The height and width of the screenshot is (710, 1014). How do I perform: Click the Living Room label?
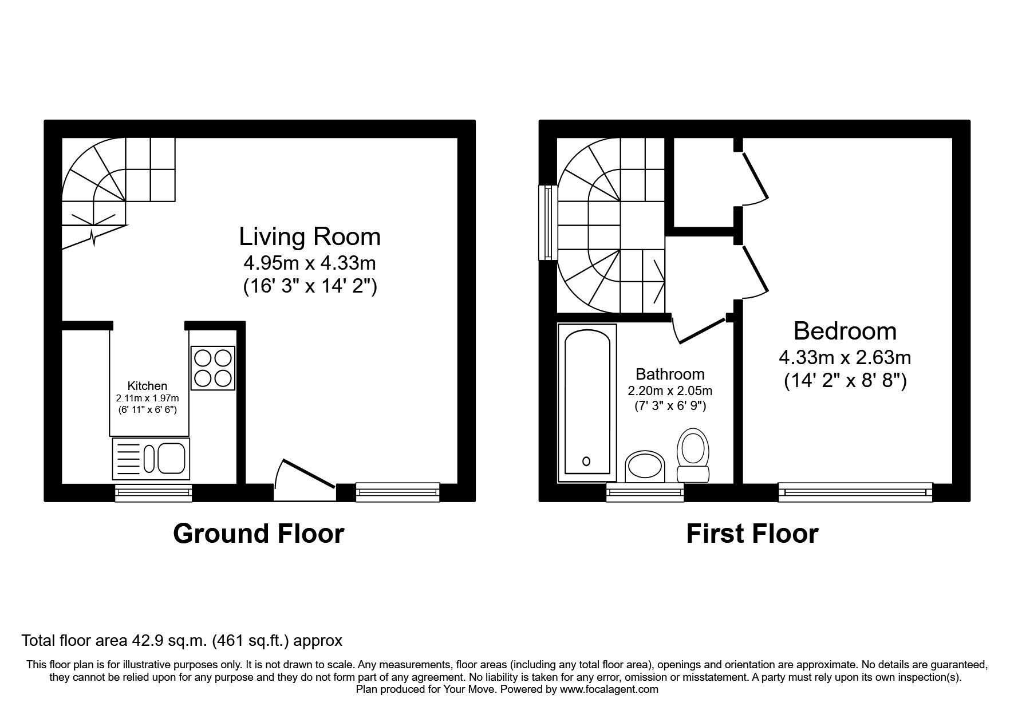(x=310, y=236)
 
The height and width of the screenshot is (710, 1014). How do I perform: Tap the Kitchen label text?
(x=147, y=386)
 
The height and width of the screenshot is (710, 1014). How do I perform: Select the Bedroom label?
(x=845, y=331)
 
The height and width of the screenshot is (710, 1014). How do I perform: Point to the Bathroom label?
(x=670, y=374)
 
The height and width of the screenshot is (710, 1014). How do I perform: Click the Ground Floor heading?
(x=258, y=534)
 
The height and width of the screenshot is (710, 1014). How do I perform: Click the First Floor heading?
(x=752, y=534)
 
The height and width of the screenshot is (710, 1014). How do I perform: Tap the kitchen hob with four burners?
(x=213, y=368)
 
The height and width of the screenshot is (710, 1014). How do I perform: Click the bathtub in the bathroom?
(x=587, y=403)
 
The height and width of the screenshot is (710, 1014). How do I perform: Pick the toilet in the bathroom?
(x=693, y=455)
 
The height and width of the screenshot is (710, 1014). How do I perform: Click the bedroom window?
(x=855, y=492)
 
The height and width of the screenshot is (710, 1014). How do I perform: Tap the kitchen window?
(x=153, y=492)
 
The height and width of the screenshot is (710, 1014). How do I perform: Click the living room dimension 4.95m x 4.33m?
(x=310, y=263)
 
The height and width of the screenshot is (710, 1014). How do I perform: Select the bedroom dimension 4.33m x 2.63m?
(x=845, y=358)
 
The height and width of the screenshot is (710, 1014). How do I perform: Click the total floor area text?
(x=182, y=640)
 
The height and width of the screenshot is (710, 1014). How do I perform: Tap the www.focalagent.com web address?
(x=609, y=689)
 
